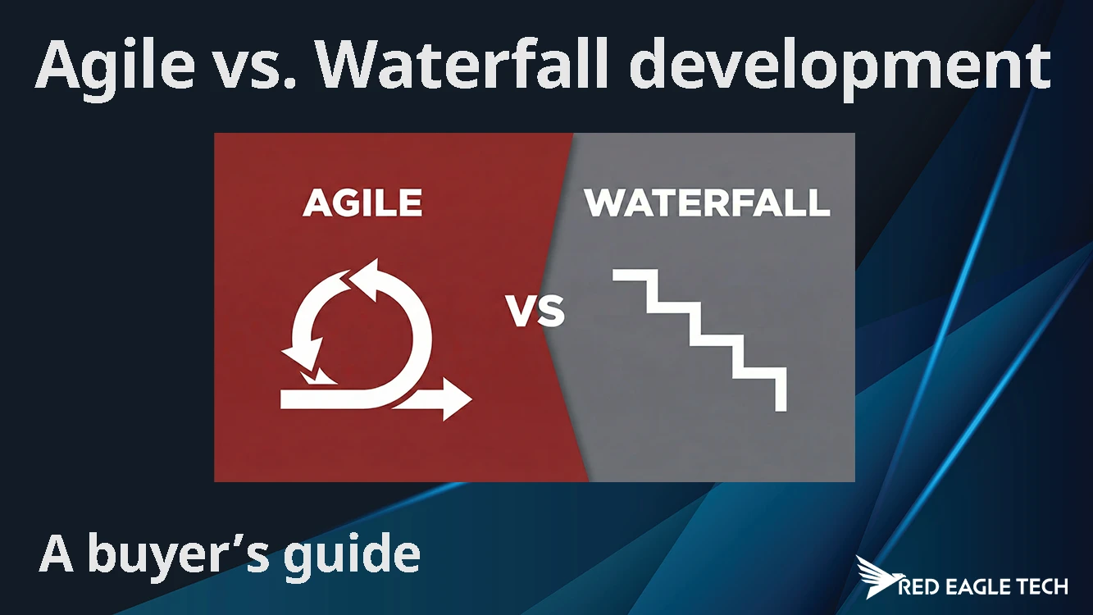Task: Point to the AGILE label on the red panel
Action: [x=362, y=203]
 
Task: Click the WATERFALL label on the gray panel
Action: [x=707, y=203]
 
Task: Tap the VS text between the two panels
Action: [x=535, y=312]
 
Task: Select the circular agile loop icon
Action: [x=361, y=328]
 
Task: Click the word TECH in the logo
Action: [x=1041, y=586]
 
